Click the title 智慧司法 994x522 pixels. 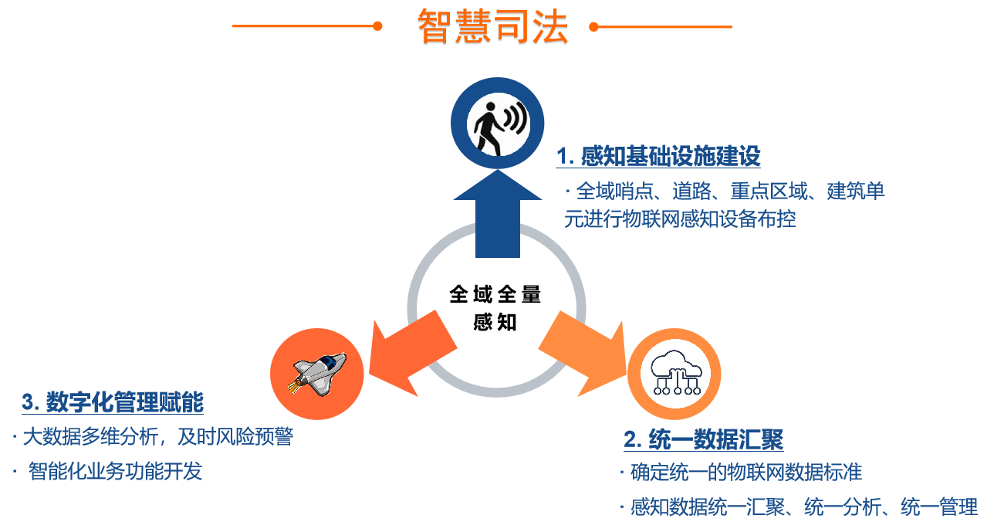(x=492, y=27)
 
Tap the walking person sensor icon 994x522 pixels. (x=497, y=124)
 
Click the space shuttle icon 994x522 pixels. (x=317, y=373)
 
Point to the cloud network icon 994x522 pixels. (x=674, y=373)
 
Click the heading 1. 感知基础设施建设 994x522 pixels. (x=658, y=157)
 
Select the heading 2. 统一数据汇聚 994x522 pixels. (x=703, y=439)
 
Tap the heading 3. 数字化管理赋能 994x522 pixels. (x=113, y=402)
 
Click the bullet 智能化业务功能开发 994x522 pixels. (x=115, y=471)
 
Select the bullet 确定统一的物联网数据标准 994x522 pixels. (x=745, y=471)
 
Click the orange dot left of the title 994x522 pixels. (x=377, y=26)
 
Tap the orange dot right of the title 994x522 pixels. (x=593, y=26)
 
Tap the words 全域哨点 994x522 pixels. (x=614, y=191)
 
